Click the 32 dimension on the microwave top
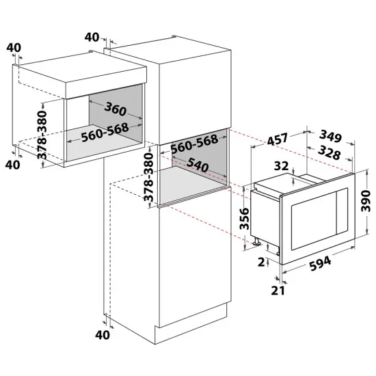[280, 165]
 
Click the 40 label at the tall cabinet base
[103, 335]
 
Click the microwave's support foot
[256, 242]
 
